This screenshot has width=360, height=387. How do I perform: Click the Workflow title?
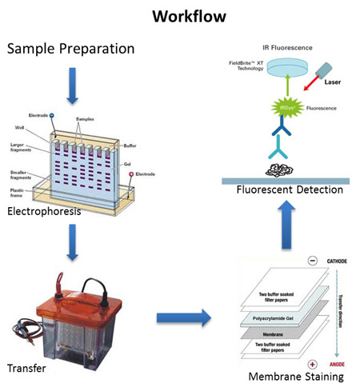tap(181, 16)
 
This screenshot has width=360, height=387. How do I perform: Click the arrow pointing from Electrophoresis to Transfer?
tap(70, 244)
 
